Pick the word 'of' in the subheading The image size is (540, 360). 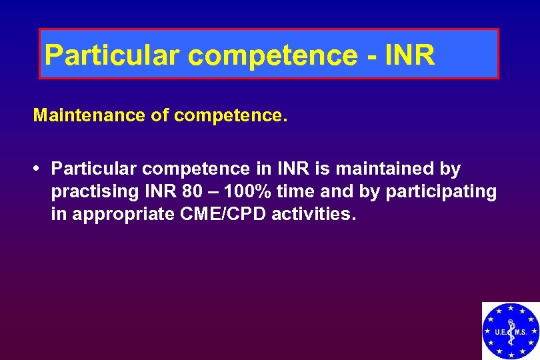(160, 116)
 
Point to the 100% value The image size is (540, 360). (247, 192)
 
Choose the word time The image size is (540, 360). (295, 192)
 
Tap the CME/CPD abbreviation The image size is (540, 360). (218, 215)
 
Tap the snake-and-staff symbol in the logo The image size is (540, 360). (511, 331)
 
